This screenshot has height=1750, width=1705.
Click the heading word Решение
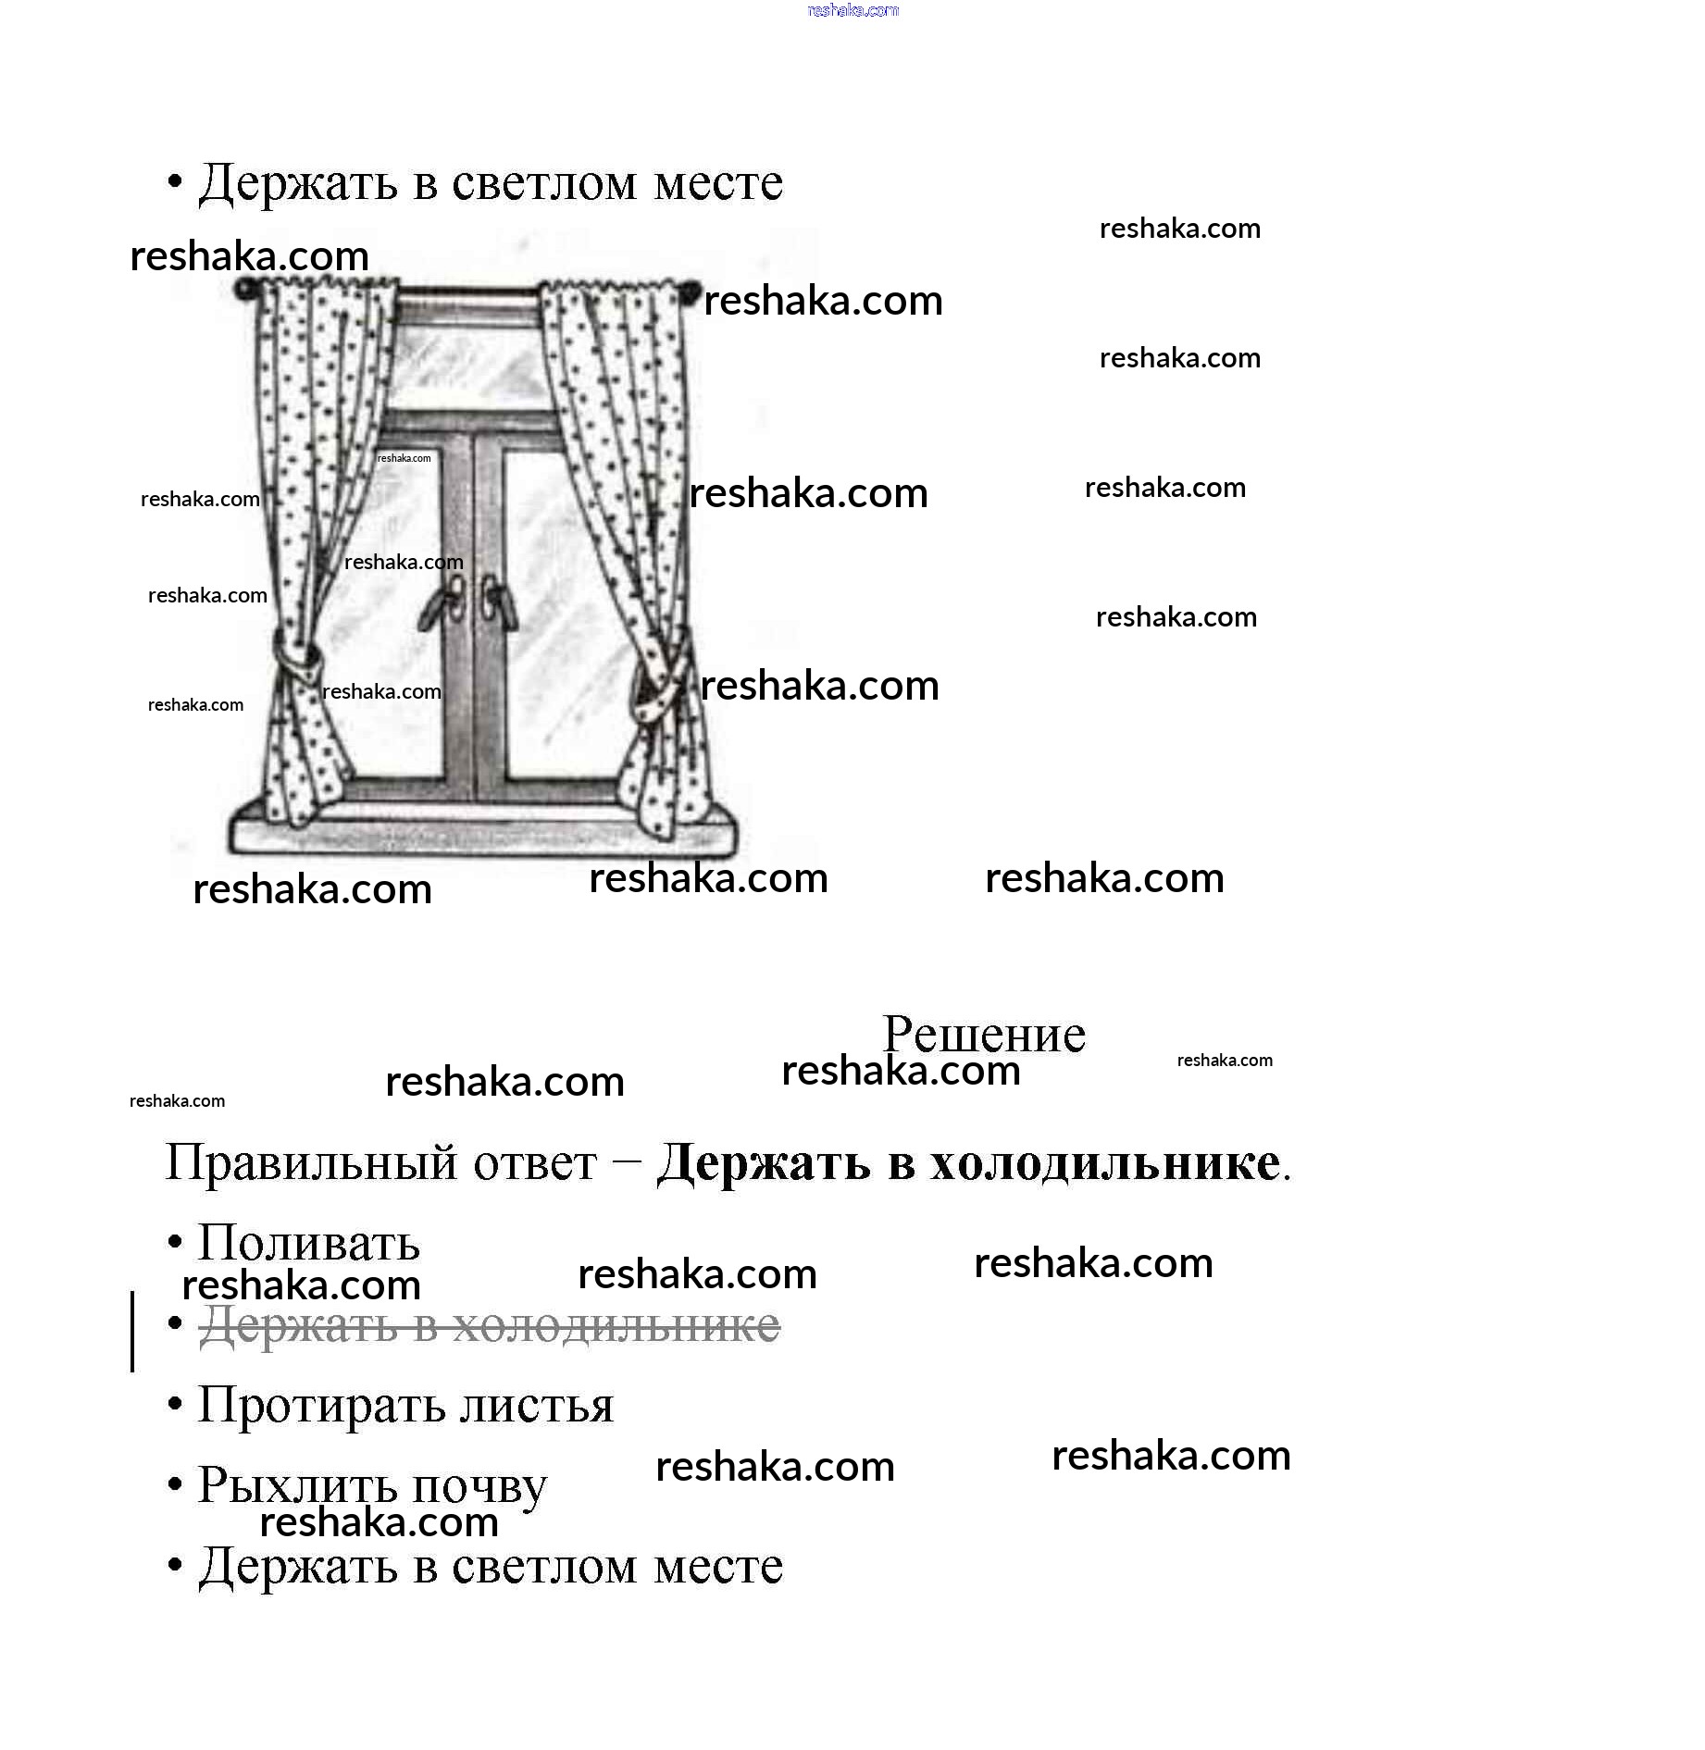pyautogui.click(x=983, y=1034)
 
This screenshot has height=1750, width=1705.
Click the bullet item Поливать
pyautogui.click(x=309, y=1243)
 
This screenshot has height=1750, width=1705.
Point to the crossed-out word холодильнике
pyautogui.click(x=616, y=1325)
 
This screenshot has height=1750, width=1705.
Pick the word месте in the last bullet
pyautogui.click(x=718, y=1566)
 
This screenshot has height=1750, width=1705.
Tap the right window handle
pyautogui.click(x=494, y=602)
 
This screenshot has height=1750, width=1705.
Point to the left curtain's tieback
pyautogui.click(x=298, y=657)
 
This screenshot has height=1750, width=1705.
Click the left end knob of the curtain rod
pyautogui.click(x=243, y=290)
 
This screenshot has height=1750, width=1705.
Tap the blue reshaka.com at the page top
pyautogui.click(x=852, y=10)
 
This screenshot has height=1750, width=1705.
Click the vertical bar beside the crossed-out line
pyautogui.click(x=132, y=1330)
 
